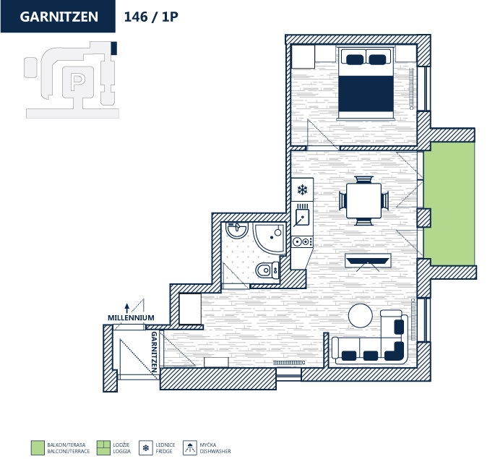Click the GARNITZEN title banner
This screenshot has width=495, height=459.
pos(59,17)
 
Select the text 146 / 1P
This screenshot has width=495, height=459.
pos(151,17)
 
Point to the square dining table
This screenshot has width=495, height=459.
pos(363,200)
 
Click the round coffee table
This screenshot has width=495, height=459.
pos(361,315)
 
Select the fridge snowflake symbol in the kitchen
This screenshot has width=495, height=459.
pos(303,191)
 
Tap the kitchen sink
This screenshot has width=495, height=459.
pos(302,216)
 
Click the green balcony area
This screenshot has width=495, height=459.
pos(449,203)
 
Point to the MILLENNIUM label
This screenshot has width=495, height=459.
pos(131,317)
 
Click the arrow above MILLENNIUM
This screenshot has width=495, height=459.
pos(127,306)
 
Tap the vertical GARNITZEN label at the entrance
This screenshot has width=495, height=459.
pos(154,352)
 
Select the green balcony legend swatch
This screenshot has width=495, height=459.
pos(38,447)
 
